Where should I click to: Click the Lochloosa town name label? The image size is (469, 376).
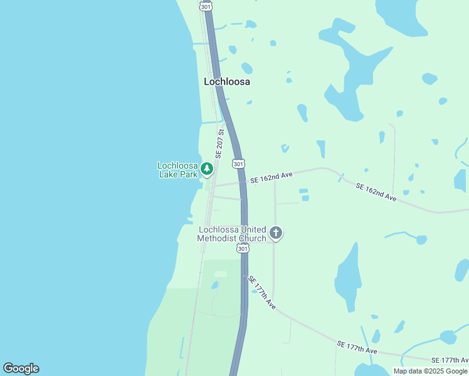pyautogui.click(x=227, y=81)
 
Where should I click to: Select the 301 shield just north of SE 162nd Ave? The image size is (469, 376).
pyautogui.click(x=238, y=164)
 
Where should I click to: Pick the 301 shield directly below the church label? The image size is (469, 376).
pyautogui.click(x=243, y=249)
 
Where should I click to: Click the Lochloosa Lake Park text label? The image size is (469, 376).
pyautogui.click(x=177, y=170)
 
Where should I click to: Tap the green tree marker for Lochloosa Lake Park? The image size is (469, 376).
pyautogui.click(x=207, y=169)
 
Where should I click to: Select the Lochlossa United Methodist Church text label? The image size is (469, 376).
pyautogui.click(x=231, y=234)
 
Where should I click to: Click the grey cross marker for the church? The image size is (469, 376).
pyautogui.click(x=275, y=234)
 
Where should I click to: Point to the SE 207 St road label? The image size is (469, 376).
pyautogui.click(x=220, y=144)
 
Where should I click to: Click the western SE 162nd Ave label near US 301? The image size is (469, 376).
pyautogui.click(x=271, y=179)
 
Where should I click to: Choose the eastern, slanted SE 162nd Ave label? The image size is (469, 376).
pyautogui.click(x=376, y=192)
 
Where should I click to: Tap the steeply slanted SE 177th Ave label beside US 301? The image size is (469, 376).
pyautogui.click(x=262, y=292)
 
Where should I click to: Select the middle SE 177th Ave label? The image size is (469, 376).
pyautogui.click(x=357, y=347)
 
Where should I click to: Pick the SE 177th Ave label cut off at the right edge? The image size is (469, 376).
pyautogui.click(x=450, y=360)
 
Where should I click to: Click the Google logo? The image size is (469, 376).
pyautogui.click(x=21, y=368)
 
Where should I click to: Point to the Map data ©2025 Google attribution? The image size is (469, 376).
pyautogui.click(x=431, y=371)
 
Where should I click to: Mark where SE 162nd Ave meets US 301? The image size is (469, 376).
pyautogui.click(x=244, y=183)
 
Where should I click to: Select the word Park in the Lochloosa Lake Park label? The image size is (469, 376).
pyautogui.click(x=187, y=174)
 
